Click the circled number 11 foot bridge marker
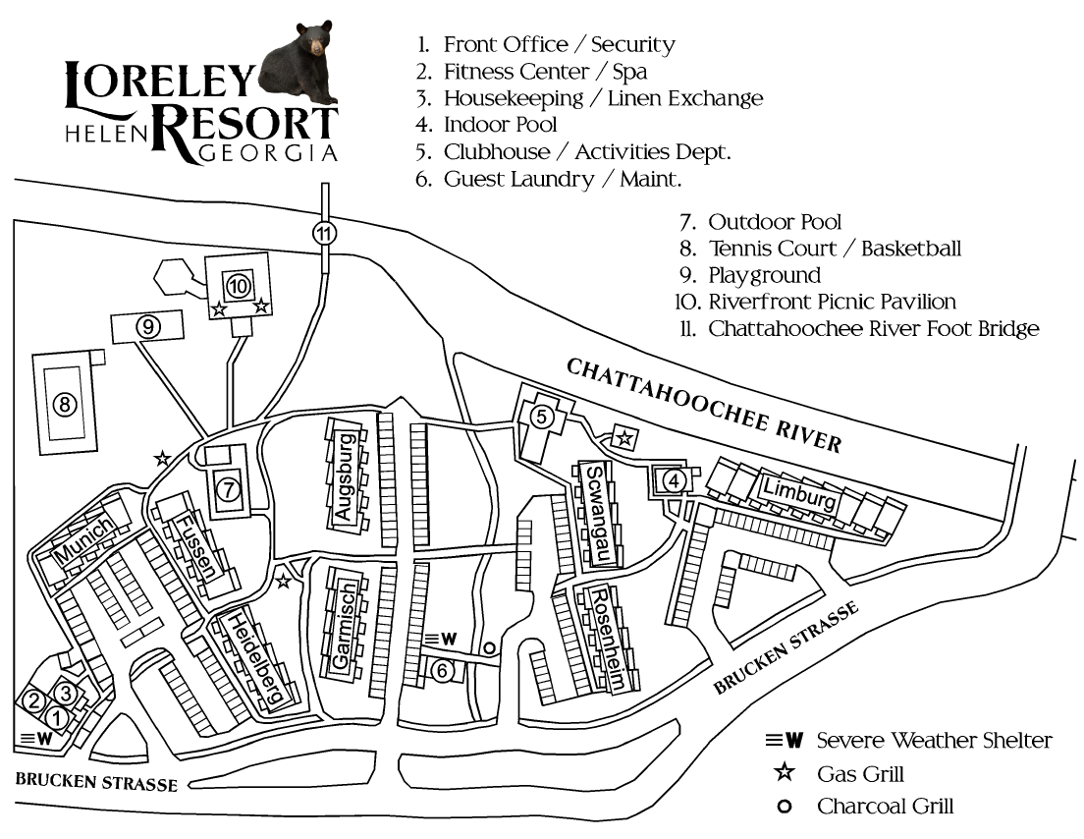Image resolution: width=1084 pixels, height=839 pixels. tap(324, 234)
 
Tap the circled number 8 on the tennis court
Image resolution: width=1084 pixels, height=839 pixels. tap(65, 403)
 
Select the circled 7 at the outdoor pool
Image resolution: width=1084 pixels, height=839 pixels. tap(228, 489)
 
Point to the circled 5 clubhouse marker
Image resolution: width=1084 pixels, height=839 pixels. tap(541, 417)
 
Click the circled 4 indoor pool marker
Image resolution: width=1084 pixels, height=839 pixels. tap(674, 480)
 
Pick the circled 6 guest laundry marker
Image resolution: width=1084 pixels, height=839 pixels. tap(443, 670)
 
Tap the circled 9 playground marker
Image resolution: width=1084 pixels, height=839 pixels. tap(148, 326)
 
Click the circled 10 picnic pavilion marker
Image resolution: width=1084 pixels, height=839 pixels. tap(238, 286)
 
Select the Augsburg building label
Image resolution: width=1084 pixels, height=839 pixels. tap(345, 475)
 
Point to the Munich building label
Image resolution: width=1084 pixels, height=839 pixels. tap(83, 539)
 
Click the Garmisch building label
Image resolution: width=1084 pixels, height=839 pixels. tap(345, 626)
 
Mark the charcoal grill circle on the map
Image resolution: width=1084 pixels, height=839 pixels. tap(489, 648)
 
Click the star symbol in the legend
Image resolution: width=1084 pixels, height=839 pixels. tap(784, 772)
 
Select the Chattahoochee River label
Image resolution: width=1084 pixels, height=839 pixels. tap(704, 406)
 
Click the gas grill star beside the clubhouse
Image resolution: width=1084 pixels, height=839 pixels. tap(624, 438)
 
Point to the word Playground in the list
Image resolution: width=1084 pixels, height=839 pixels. tap(765, 275)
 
